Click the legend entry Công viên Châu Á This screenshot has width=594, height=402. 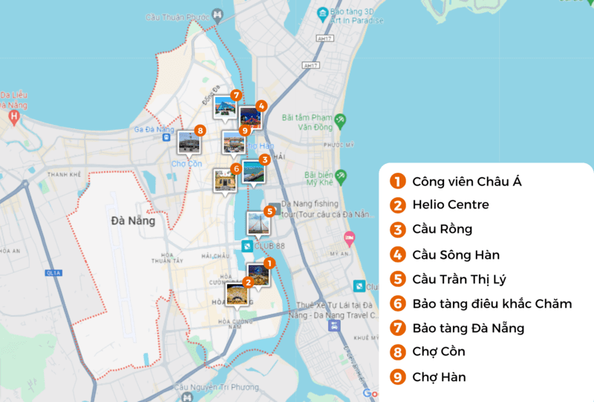tap(467, 180)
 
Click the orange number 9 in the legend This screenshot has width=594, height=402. tap(397, 378)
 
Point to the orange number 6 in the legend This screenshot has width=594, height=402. tap(397, 303)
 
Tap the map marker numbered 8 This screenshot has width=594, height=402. tap(199, 131)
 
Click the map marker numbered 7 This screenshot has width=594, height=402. tap(235, 95)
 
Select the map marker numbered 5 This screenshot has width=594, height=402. tap(269, 211)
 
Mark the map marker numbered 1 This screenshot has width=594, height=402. tap(270, 262)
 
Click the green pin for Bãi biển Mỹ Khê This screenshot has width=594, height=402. tap(341, 177)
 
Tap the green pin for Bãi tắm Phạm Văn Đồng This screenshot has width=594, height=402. tap(340, 119)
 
